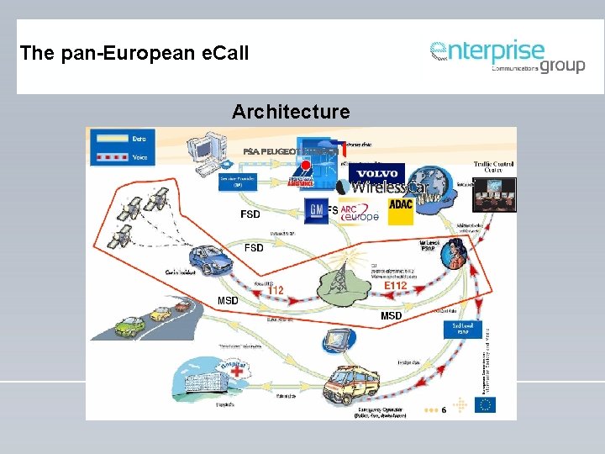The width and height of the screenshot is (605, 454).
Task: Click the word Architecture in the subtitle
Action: [x=291, y=111]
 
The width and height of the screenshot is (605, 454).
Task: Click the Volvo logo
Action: [x=376, y=173]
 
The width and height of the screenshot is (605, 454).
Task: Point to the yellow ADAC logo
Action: [x=401, y=209]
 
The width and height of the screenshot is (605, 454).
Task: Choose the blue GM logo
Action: [x=316, y=209]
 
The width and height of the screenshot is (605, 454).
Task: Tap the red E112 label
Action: [x=395, y=286]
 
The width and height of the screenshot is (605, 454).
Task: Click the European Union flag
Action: [x=485, y=404]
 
